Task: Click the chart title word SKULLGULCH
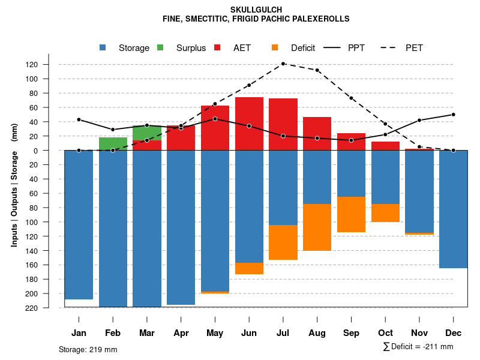[256, 10]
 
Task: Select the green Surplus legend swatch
[160, 48]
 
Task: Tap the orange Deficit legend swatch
[275, 48]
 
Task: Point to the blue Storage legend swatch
[103, 48]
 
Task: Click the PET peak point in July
[283, 64]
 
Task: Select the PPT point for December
[453, 114]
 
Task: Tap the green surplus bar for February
[113, 143]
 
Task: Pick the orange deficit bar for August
[317, 227]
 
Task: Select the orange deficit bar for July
[283, 242]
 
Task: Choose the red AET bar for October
[386, 146]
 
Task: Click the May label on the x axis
[215, 333]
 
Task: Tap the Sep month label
[352, 333]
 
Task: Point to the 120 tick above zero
[49, 64]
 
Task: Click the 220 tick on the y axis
[49, 308]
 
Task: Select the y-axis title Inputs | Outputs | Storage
[14, 185]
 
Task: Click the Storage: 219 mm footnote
[88, 349]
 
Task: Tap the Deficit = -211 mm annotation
[418, 347]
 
